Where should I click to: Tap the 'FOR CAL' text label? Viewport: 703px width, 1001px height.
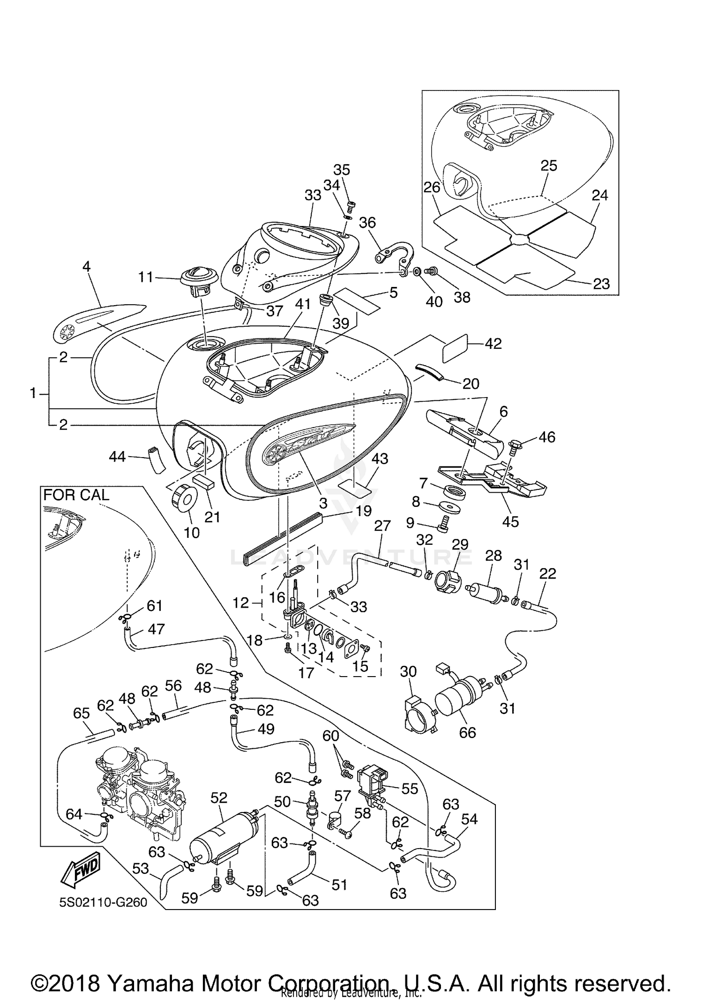(76, 495)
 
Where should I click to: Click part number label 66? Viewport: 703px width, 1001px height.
(467, 732)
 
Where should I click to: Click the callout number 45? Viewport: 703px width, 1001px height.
(510, 521)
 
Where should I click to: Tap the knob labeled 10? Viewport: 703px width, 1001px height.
(183, 498)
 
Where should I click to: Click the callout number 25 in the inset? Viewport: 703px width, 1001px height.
(549, 166)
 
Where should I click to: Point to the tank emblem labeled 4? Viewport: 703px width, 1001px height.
(98, 319)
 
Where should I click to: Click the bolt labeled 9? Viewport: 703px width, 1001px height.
(443, 523)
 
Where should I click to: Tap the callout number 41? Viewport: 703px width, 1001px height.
(303, 304)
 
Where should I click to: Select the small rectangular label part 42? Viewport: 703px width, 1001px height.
(455, 348)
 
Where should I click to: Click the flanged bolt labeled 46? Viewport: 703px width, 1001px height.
(515, 443)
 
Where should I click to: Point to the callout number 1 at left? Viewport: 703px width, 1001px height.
(33, 393)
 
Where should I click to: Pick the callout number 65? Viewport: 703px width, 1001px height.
(82, 713)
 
